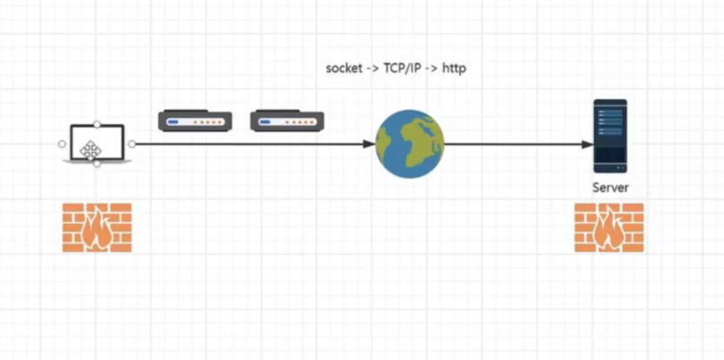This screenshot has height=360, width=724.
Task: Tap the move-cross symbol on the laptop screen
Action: (90, 148)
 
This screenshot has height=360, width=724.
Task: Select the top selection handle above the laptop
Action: (97, 125)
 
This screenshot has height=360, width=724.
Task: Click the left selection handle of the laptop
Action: (62, 144)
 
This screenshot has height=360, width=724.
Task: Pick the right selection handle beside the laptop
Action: (132, 144)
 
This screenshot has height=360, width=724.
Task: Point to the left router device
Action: (196, 121)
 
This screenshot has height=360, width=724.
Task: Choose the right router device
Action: (287, 121)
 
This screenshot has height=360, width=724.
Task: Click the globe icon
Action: (409, 144)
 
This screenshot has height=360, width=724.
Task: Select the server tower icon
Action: (610, 136)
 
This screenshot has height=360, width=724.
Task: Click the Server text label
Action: (610, 188)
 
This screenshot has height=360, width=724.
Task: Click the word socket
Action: (345, 69)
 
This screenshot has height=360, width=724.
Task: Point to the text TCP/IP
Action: (403, 69)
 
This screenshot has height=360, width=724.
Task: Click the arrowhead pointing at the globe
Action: (369, 144)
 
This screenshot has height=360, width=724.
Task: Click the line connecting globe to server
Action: (514, 144)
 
